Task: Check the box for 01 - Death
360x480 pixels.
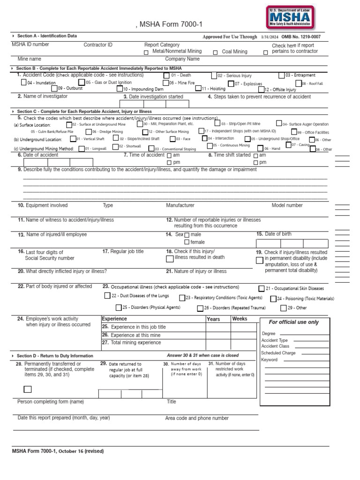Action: tap(166, 75)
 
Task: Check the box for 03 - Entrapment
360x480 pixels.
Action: tap(281, 75)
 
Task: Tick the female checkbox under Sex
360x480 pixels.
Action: tap(187, 242)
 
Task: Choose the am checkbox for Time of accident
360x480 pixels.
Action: tap(169, 155)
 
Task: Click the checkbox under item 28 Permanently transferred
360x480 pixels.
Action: tap(28, 389)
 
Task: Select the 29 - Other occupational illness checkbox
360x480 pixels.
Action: tap(283, 308)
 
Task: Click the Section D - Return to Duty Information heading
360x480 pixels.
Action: tap(55, 356)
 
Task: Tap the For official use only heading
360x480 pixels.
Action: tap(293, 322)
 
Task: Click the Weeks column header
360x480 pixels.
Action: tap(240, 319)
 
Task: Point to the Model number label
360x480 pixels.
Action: tap(287, 205)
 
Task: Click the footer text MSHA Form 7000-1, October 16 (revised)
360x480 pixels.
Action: tap(58, 451)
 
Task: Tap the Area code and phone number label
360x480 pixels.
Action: tap(197, 418)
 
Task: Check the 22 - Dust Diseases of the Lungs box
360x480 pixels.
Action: tap(107, 296)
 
